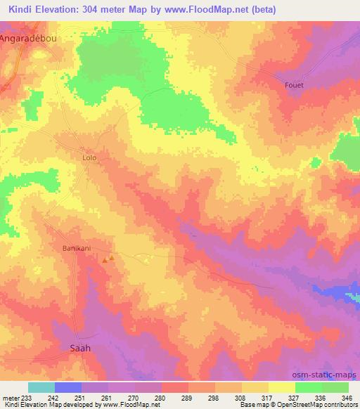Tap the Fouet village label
[295, 86]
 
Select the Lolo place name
[89, 158]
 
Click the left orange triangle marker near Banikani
[105, 261]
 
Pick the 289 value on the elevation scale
[188, 397]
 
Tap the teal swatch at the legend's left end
[41, 387]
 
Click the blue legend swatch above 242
[68, 387]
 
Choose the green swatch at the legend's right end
[335, 387]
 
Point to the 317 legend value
[269, 397]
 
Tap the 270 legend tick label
[134, 397]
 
